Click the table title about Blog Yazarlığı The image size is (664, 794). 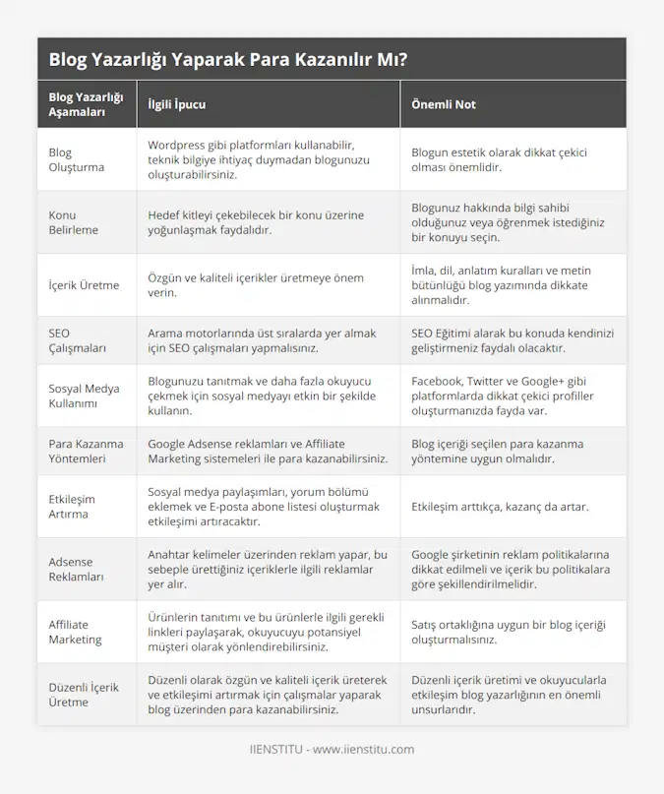[x=228, y=59]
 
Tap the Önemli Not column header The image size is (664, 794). [x=444, y=104]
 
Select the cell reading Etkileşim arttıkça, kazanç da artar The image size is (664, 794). [x=500, y=507]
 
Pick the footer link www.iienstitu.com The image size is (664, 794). [x=363, y=749]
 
